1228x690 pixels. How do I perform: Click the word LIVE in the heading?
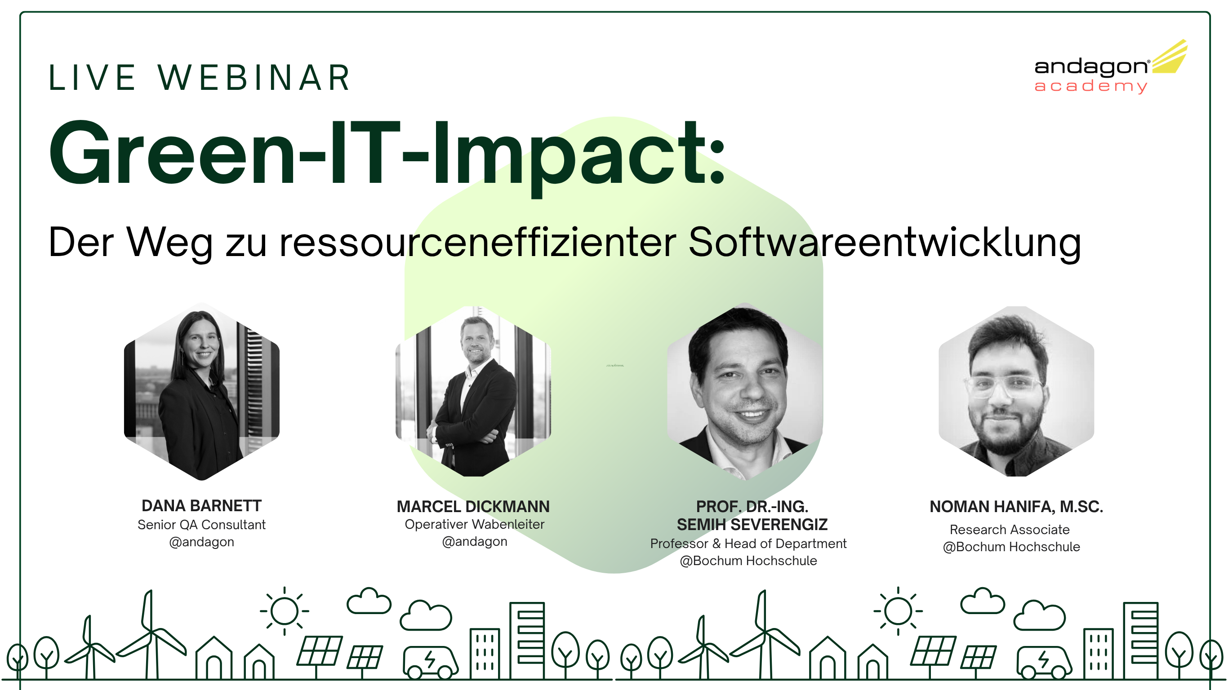(x=92, y=78)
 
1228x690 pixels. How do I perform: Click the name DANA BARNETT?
(x=202, y=505)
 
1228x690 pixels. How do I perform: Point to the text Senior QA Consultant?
(x=202, y=525)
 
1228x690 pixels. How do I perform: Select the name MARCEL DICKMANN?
(x=473, y=507)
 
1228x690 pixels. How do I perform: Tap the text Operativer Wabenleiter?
(x=474, y=524)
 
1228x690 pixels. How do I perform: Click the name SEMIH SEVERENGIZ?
(x=752, y=525)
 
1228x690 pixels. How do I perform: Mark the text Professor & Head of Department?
(x=748, y=543)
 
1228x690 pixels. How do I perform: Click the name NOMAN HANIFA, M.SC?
(x=1016, y=507)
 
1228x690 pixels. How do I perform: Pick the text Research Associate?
(x=1010, y=530)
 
